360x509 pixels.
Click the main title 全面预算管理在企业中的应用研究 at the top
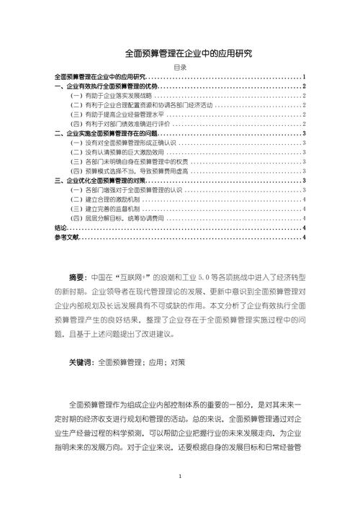180,53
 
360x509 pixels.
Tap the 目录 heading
180,67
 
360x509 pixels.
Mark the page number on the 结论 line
306,228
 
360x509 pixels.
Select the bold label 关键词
81,362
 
